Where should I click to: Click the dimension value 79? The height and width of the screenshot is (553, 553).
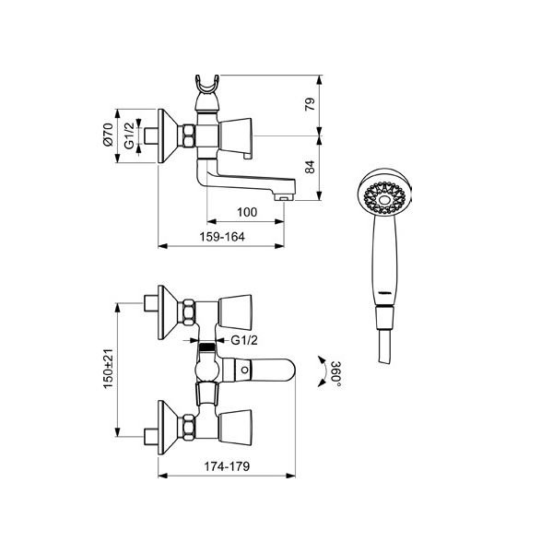pos(310,104)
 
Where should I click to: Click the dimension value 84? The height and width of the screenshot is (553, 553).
pos(310,167)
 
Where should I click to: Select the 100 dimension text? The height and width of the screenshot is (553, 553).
pos(247,212)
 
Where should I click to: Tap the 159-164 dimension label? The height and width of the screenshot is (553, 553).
pos(222,237)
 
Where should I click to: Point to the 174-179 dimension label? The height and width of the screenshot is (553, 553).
pos(227,466)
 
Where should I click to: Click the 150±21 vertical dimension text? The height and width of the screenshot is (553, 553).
pos(108,369)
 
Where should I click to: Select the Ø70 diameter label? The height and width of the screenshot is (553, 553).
pos(108,135)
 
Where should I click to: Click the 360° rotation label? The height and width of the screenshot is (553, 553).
pos(336,374)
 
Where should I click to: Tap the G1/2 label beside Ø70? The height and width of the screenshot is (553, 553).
pos(129,135)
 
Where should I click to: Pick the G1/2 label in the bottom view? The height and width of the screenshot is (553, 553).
pos(244,340)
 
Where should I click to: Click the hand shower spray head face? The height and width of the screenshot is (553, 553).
pos(384,198)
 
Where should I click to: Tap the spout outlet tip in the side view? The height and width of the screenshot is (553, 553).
pos(283,199)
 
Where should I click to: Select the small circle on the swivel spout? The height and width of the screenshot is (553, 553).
pos(244,371)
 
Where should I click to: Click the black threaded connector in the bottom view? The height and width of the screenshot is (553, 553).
pos(207,347)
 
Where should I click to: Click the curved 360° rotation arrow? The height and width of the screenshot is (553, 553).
pos(322,371)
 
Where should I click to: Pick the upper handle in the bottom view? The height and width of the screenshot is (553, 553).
pos(235,311)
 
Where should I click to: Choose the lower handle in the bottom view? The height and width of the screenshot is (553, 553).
pos(235,426)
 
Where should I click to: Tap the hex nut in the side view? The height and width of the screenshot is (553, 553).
pos(189,135)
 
